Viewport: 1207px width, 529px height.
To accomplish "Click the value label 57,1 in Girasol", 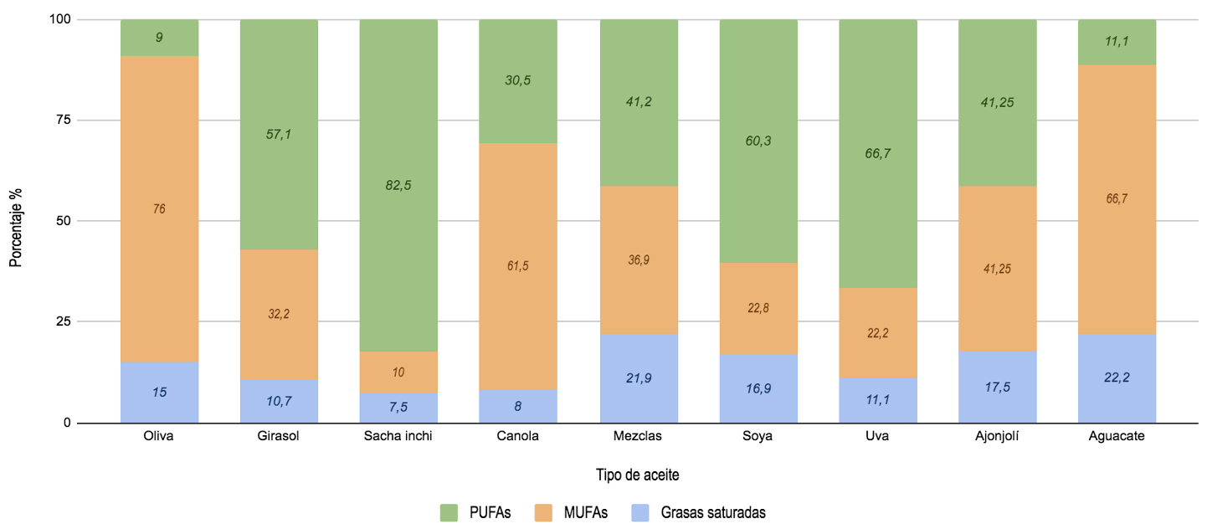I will (279, 133).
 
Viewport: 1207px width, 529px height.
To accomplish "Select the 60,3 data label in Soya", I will (758, 140).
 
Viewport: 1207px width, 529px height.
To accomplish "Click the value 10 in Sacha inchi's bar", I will (398, 372).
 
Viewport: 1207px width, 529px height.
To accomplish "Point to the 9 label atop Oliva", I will (159, 37).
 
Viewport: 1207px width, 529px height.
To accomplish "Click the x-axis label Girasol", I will (279, 436).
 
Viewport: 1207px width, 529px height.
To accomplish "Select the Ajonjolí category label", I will (998, 436).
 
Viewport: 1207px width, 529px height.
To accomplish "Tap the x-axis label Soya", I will (758, 436).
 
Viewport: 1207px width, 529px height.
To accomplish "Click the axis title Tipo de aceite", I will (638, 475).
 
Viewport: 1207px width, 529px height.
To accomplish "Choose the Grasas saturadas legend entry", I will (712, 512).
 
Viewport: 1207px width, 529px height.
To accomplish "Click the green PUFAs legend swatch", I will (449, 512).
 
